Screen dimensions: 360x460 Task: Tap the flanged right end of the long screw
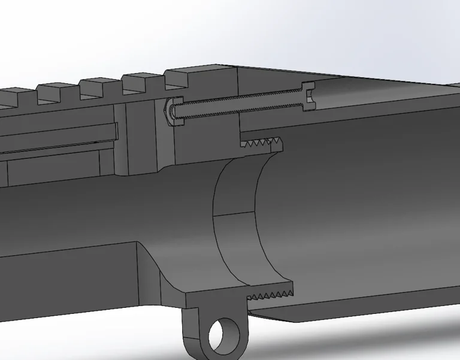pos(309,95)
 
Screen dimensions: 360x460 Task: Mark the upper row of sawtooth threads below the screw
pos(261,143)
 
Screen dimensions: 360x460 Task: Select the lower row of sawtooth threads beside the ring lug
pos(273,295)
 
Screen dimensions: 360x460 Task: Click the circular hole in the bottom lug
pos(225,334)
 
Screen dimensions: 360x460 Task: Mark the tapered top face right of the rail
pos(335,77)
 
